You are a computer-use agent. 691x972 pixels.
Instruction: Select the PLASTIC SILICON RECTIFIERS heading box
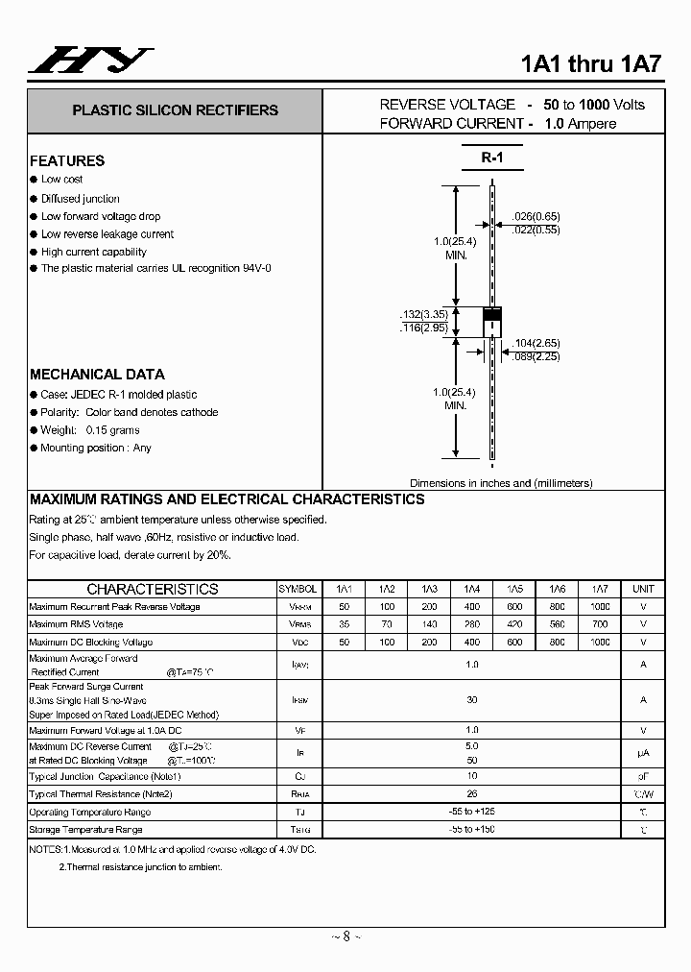click(x=175, y=110)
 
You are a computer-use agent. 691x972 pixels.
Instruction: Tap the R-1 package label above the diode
click(x=491, y=158)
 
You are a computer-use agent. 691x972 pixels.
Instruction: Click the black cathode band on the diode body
click(x=491, y=314)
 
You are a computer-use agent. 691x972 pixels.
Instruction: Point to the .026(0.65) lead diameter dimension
click(x=536, y=217)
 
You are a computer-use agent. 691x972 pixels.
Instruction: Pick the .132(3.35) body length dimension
click(x=424, y=315)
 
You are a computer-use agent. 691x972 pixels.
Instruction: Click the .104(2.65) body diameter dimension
click(x=536, y=343)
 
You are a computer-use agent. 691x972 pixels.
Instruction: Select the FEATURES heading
click(x=67, y=161)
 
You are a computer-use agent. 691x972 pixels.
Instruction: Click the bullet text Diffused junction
click(x=81, y=198)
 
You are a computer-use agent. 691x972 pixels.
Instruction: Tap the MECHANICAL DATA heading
click(x=97, y=375)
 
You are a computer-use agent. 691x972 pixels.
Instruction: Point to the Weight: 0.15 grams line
click(x=90, y=430)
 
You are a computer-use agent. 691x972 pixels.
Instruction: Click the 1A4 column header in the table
click(x=472, y=589)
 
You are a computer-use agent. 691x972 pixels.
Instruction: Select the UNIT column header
click(x=643, y=589)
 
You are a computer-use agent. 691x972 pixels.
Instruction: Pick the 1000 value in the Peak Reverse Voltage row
click(x=600, y=607)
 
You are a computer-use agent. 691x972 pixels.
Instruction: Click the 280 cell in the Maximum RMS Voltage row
click(x=472, y=624)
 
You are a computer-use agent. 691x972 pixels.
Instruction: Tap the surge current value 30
click(x=472, y=700)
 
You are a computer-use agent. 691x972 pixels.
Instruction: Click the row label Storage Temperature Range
click(x=85, y=829)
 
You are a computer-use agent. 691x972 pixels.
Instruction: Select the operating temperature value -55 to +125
click(x=472, y=812)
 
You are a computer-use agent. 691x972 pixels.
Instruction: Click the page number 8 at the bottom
click(x=346, y=936)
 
